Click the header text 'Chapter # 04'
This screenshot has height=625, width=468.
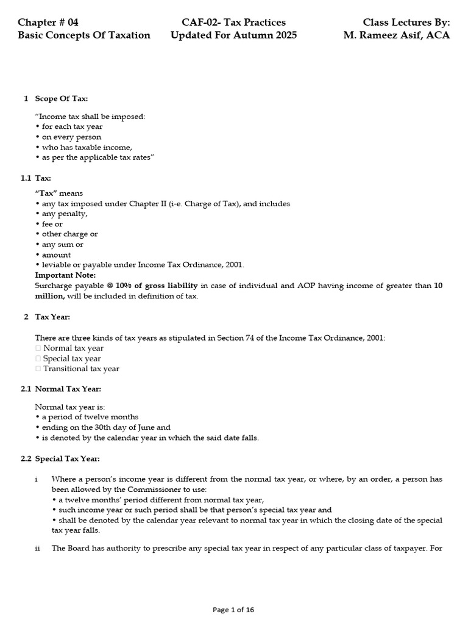click(48, 22)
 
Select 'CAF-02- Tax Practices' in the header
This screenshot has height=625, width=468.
click(233, 22)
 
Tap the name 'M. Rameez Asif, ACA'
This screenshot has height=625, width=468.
click(396, 35)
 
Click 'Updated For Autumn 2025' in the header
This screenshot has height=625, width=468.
click(233, 35)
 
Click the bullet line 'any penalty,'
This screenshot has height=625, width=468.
click(62, 214)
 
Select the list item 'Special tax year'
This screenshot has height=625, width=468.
click(71, 358)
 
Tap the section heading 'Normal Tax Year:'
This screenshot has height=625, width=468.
click(68, 389)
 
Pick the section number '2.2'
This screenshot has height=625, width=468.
click(26, 458)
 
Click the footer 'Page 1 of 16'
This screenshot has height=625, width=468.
click(233, 609)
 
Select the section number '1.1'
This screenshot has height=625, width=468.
click(26, 178)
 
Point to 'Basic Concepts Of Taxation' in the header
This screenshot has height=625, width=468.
click(84, 35)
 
